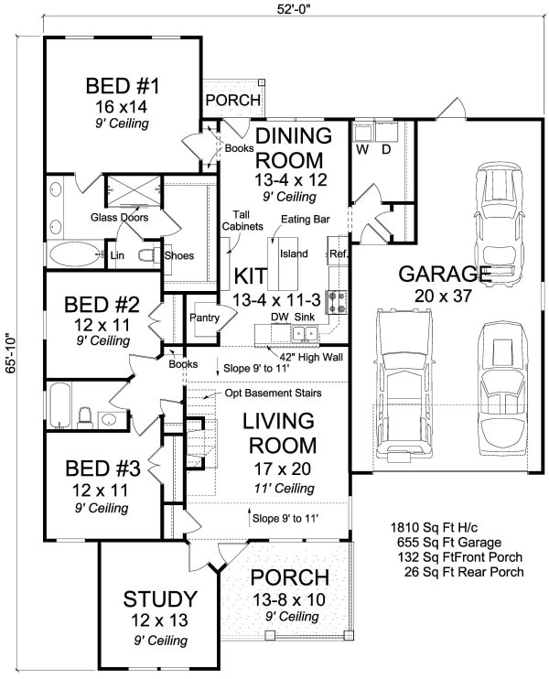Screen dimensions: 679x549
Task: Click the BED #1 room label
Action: pyautogui.click(x=123, y=88)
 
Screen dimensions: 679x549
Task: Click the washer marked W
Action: pyautogui.click(x=362, y=147)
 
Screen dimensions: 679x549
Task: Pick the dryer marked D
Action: pyautogui.click(x=386, y=147)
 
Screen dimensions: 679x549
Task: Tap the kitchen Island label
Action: pyautogui.click(x=293, y=253)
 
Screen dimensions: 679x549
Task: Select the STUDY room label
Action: pyautogui.click(x=160, y=600)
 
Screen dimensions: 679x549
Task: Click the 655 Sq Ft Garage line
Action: pyautogui.click(x=442, y=543)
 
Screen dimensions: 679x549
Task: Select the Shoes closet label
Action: pyautogui.click(x=178, y=255)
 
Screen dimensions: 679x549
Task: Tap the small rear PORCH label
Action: pyautogui.click(x=232, y=101)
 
